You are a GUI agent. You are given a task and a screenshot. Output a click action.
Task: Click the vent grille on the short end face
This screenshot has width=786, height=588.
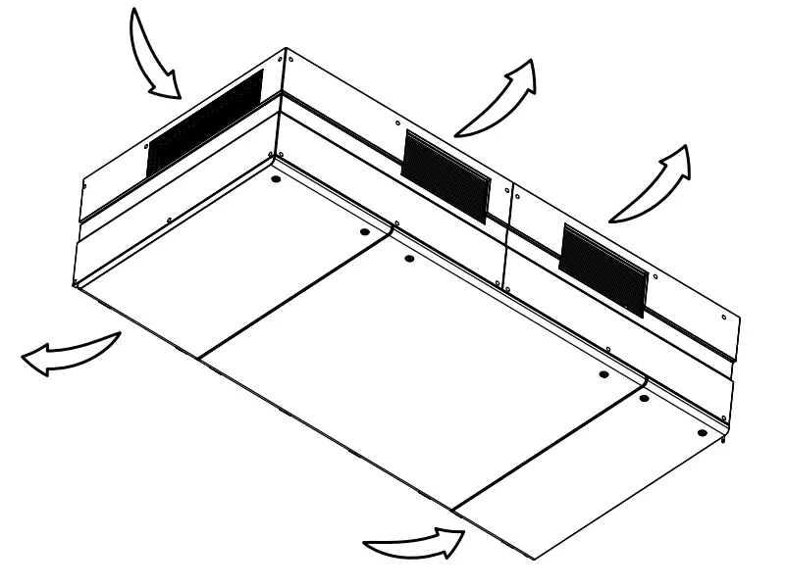[205, 123]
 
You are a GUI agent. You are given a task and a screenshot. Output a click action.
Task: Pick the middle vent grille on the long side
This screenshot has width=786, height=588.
[446, 174]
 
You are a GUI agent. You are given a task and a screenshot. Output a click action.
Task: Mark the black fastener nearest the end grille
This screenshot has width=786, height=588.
[276, 181]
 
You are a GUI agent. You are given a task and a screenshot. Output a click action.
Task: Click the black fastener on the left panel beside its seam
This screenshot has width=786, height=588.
[365, 232]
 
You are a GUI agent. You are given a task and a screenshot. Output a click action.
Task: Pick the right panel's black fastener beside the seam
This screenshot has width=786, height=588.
[644, 399]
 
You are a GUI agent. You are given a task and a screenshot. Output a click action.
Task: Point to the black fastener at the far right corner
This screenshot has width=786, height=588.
[701, 431]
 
